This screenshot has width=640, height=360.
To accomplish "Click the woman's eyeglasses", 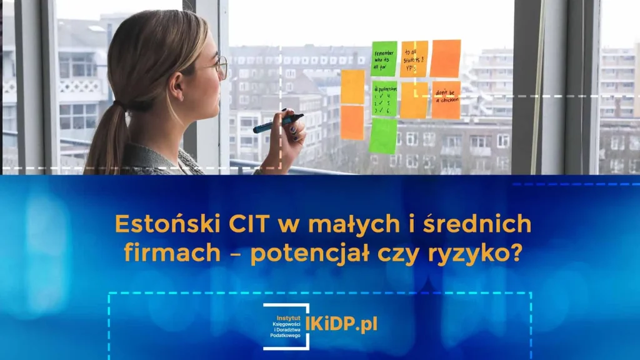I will (x=221, y=66).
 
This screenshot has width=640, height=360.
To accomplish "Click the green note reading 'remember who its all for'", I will (x=384, y=59).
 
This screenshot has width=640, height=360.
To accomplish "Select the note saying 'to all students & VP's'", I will (x=414, y=59).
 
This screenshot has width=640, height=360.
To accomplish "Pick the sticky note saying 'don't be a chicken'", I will (x=446, y=99).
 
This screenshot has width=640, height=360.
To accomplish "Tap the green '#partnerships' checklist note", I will (x=384, y=99).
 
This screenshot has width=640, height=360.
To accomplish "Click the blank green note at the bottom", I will (x=382, y=136).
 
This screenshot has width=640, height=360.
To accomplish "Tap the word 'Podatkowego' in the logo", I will (x=285, y=336).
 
